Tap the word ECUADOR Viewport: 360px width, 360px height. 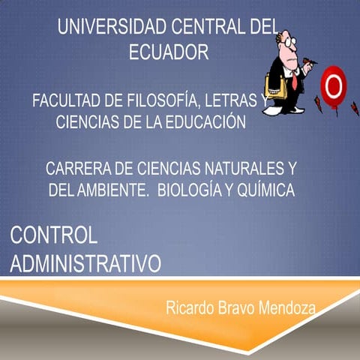click(x=168, y=52)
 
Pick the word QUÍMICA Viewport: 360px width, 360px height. click(x=263, y=190)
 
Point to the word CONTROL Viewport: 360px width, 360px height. click(x=54, y=235)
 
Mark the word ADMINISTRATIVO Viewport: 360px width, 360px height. click(x=86, y=263)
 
